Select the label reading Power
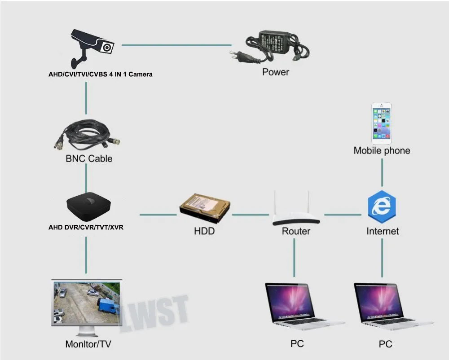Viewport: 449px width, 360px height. tap(276, 72)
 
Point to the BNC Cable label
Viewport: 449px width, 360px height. tap(89, 158)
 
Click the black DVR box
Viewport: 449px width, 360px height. tap(88, 205)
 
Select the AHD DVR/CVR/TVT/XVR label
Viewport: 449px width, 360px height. tap(86, 227)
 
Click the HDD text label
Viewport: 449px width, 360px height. tap(204, 231)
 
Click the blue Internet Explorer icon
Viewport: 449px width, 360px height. tap(382, 206)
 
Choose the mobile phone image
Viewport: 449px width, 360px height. tap(381, 123)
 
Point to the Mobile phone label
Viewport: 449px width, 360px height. tap(382, 150)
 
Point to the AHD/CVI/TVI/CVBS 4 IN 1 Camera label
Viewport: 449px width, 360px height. tap(101, 74)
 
